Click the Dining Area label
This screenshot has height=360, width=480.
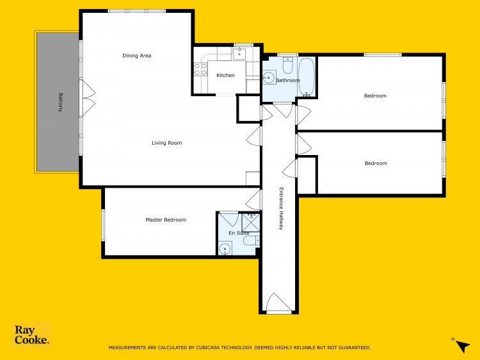pos(136,56)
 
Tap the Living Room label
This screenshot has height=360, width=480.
pos(167,143)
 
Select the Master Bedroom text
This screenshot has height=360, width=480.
pos(166,220)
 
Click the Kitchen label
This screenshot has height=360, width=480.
pos(226,75)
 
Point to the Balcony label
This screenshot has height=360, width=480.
pos(61,102)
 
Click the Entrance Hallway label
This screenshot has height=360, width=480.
pos(281,208)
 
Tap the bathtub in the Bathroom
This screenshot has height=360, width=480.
pos(306,77)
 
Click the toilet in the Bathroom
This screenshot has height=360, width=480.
pos(287,65)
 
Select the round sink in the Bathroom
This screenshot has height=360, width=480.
pos(269,78)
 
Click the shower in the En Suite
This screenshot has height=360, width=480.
pos(251,222)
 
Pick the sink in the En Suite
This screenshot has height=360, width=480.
pos(225,248)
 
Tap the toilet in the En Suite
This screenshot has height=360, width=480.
pos(252,240)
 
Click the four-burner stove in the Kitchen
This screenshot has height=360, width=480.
pos(200,69)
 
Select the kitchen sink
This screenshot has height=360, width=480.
pos(239,53)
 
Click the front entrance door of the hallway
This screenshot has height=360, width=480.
pos(278,304)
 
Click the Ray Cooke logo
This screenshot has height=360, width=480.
pos(31,335)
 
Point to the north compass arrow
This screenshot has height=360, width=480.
pos(463,346)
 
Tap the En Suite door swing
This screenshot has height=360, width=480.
pos(229,219)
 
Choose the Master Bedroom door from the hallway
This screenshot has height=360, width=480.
pos(253,200)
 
